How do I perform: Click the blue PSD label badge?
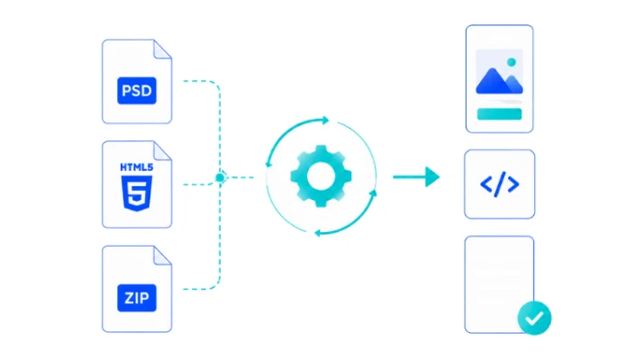[137, 91]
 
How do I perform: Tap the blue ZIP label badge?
[137, 298]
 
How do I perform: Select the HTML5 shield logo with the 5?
[137, 193]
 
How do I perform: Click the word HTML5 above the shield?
[137, 166]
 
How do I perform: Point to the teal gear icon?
[321, 176]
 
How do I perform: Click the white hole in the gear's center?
[321, 176]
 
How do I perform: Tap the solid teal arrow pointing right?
[416, 177]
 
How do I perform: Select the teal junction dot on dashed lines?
[220, 177]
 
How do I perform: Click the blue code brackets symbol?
[499, 184]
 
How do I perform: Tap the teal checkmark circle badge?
[534, 318]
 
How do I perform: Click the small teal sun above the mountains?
[512, 62]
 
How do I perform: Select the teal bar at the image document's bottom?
[499, 114]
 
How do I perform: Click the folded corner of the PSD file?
[162, 49]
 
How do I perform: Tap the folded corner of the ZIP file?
[162, 256]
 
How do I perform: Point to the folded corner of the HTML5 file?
[162, 150]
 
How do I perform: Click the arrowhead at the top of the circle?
[325, 120]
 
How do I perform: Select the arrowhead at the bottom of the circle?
[318, 233]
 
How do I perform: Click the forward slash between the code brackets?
[500, 184]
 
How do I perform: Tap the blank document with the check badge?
[499, 284]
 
